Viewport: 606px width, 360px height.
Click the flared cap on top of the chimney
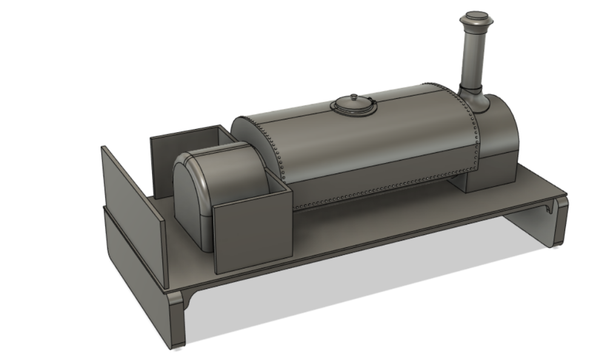(x=474, y=18)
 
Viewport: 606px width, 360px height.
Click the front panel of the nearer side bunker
(x=251, y=233)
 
